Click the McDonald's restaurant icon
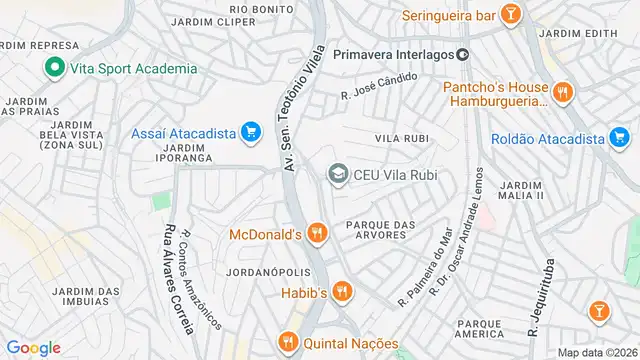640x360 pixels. [x=317, y=234]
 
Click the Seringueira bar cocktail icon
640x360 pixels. [x=510, y=15]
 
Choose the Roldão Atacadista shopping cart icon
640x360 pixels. [x=619, y=140]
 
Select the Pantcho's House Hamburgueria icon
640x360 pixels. [x=563, y=93]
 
